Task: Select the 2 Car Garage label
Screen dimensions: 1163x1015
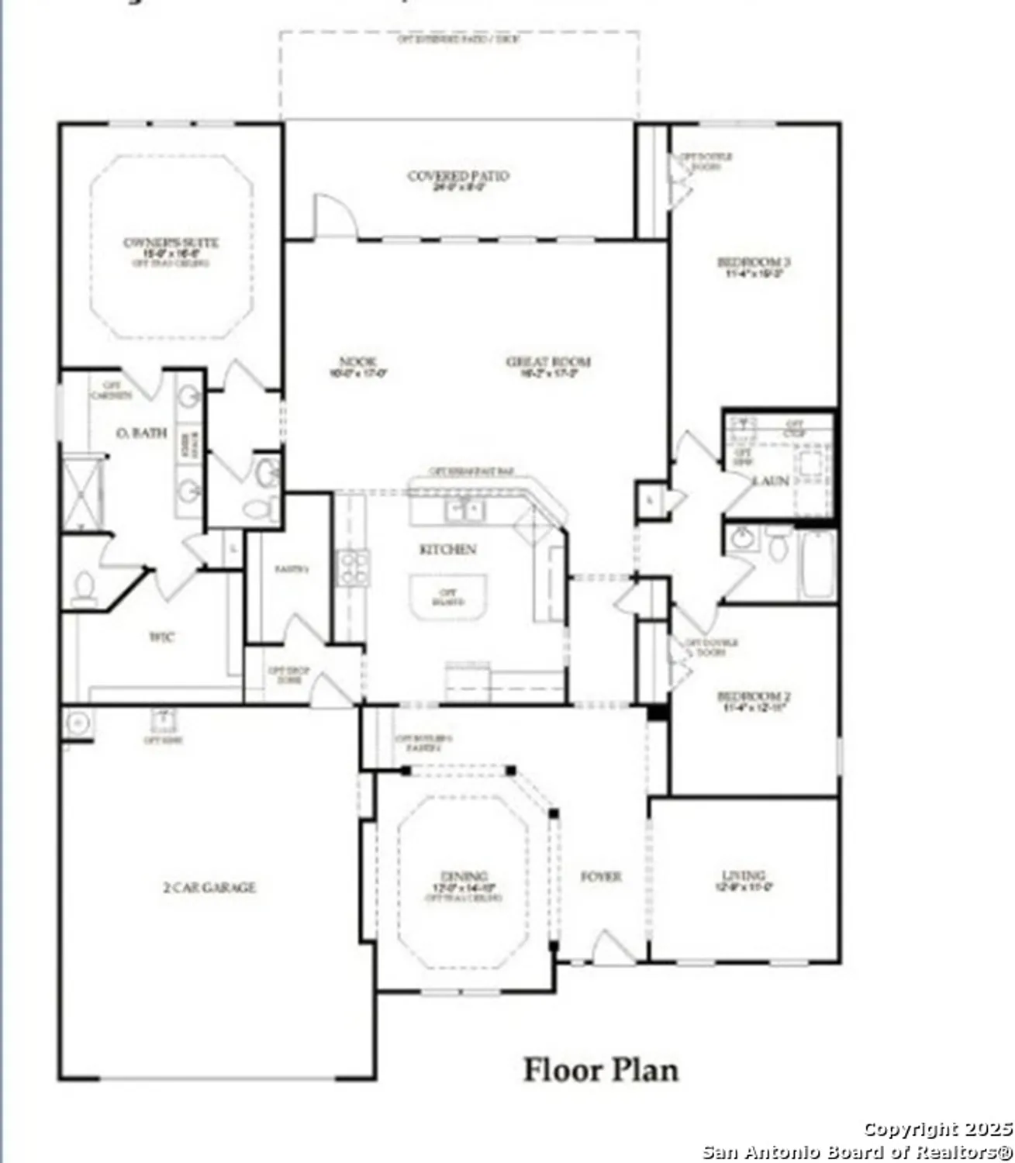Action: [x=209, y=887]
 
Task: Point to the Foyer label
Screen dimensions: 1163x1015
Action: [x=601, y=877]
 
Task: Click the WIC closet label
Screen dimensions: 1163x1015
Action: [x=162, y=637]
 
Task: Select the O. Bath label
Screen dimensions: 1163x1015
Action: [x=140, y=433]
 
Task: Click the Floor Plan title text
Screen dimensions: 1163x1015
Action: [x=601, y=1070]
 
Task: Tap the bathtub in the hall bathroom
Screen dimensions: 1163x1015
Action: [x=817, y=564]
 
